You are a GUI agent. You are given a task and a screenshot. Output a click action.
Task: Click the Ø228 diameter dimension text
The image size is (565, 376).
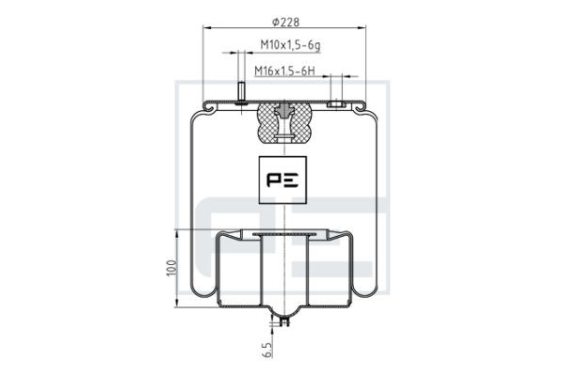click(285, 23)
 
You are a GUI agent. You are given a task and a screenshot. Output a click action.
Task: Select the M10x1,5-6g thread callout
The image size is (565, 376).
click(290, 45)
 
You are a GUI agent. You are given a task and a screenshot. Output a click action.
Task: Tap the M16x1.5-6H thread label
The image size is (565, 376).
click(284, 70)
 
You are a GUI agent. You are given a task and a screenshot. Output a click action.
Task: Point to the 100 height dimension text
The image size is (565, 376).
click(172, 268)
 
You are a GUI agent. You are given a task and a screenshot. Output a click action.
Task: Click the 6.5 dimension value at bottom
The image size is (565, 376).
click(267, 350)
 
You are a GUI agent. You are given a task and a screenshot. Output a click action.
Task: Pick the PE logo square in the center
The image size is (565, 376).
click(282, 180)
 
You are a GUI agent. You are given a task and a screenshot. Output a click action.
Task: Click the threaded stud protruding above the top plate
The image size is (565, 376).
click(241, 92)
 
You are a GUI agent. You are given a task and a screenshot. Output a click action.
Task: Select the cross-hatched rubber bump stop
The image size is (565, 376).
click(284, 123)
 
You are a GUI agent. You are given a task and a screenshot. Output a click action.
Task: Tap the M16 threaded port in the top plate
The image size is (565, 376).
click(336, 104)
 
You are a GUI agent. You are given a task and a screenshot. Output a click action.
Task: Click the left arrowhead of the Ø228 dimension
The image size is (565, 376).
click(207, 27)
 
